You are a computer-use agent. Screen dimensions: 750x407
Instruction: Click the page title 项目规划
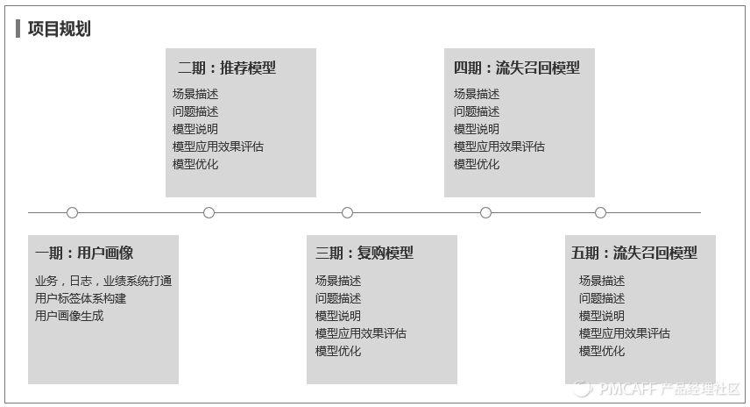click(x=59, y=29)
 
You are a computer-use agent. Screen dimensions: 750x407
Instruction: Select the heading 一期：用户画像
click(x=84, y=253)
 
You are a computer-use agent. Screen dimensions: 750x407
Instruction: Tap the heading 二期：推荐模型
click(x=226, y=68)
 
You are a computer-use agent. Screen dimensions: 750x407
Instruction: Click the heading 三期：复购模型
click(x=364, y=253)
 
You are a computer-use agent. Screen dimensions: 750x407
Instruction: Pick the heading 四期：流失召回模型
click(x=516, y=68)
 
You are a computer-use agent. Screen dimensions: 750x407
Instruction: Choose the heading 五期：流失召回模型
click(x=634, y=253)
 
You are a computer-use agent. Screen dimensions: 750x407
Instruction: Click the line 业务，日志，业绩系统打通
click(x=103, y=281)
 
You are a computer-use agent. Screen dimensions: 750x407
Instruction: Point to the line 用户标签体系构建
click(x=81, y=298)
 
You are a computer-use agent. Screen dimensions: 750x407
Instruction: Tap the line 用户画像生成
click(x=69, y=316)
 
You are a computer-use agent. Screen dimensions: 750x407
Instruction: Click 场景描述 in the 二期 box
click(x=195, y=94)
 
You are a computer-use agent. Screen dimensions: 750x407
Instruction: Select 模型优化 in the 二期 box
click(x=195, y=164)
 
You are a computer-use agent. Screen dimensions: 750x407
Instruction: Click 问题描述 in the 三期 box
click(x=338, y=298)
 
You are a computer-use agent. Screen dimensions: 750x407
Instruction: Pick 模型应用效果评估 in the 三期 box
click(x=361, y=333)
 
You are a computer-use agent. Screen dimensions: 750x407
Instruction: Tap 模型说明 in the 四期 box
click(x=477, y=129)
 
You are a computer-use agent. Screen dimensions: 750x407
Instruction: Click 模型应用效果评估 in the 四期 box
click(x=499, y=146)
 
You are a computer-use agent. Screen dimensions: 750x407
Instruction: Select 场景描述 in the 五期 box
click(x=602, y=281)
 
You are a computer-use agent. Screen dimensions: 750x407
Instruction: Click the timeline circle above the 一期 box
click(x=72, y=212)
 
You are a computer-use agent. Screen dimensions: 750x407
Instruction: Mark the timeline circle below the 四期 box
click(x=485, y=212)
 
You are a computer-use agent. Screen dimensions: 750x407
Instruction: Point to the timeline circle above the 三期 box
click(x=347, y=212)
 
